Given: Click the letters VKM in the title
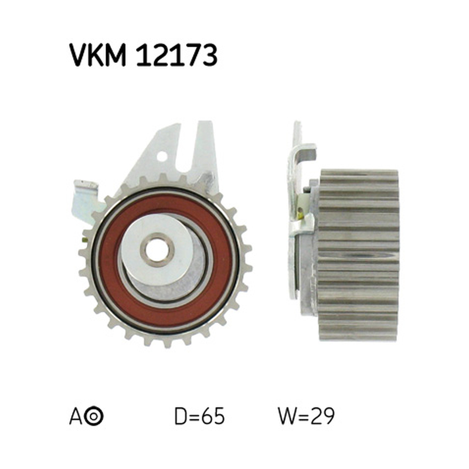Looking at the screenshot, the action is coord(97,55).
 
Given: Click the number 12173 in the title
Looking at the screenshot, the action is coord(176,55).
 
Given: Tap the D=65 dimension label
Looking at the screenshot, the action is coord(199,416).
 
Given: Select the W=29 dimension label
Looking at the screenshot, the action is coord(306,416).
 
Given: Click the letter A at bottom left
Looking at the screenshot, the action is coord(76,416).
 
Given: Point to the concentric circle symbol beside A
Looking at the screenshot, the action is coord(94,416).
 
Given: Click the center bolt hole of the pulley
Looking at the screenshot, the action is coord(157,250).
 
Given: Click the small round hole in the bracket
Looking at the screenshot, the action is coord(162,155).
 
